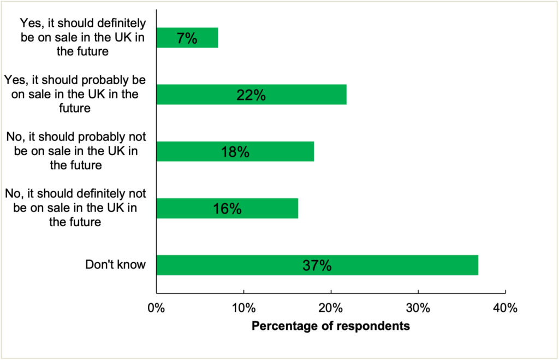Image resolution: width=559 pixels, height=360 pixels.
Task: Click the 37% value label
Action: (x=317, y=265)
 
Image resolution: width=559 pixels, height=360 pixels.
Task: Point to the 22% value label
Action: (x=251, y=95)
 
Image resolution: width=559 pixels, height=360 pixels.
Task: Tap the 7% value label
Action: (x=187, y=38)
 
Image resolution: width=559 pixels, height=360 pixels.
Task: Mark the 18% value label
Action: (x=235, y=152)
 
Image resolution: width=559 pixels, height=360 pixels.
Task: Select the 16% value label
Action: (x=227, y=209)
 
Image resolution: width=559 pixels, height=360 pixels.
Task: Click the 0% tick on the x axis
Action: (x=157, y=309)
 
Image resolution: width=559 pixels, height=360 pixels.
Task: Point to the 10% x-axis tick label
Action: (x=244, y=309)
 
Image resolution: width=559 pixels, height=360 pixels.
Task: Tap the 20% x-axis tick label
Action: (x=331, y=309)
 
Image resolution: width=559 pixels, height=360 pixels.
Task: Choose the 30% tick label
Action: (x=418, y=309)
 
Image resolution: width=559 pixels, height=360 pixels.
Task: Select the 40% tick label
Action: (x=505, y=309)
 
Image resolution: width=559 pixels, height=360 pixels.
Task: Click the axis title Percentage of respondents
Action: (x=331, y=327)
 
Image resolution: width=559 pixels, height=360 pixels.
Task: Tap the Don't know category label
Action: (x=116, y=265)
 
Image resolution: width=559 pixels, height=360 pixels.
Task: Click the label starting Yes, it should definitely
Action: (x=82, y=38)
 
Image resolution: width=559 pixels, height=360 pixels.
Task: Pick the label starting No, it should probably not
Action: (x=76, y=151)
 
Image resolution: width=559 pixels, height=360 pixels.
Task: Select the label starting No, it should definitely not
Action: (x=76, y=208)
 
